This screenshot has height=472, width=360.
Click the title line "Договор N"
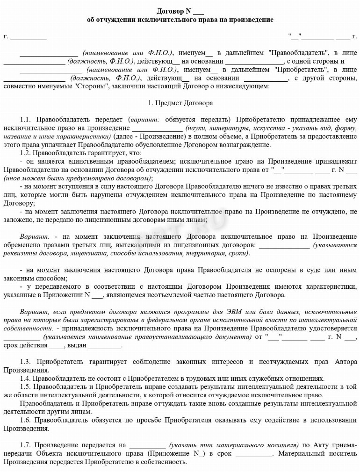coord(180,11)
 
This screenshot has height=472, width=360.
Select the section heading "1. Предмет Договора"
coord(180,102)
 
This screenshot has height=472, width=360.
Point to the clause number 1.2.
coord(26,153)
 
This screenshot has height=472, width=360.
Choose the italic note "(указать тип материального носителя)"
coord(234,445)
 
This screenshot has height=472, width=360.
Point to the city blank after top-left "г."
coord(28,37)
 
